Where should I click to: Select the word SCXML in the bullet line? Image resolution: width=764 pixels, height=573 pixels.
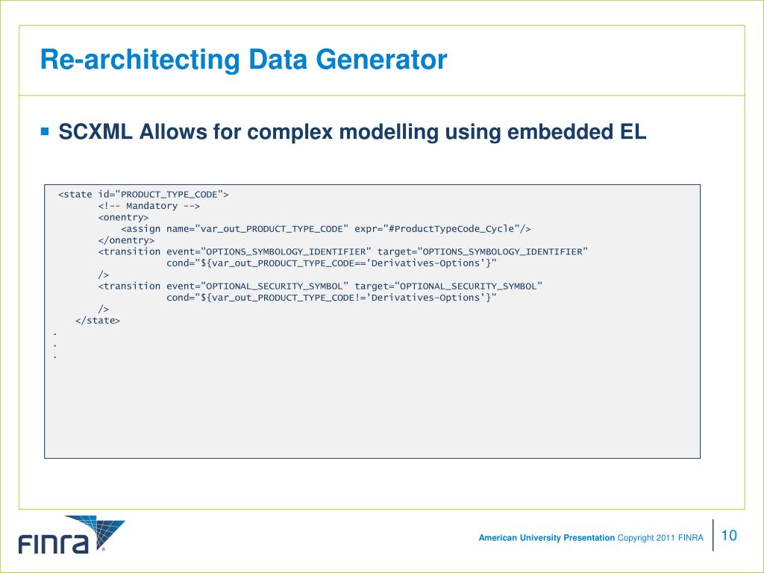[x=96, y=133]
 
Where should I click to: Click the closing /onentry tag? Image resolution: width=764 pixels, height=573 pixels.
[x=126, y=240]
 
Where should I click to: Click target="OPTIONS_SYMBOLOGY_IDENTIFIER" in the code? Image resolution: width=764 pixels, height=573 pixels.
[x=482, y=251]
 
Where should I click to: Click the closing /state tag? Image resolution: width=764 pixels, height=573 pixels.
[x=98, y=320]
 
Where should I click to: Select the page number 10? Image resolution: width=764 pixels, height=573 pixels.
[x=729, y=536]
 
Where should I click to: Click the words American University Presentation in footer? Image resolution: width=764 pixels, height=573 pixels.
[x=546, y=538]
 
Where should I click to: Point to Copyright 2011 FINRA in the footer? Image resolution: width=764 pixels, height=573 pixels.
[x=660, y=538]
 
